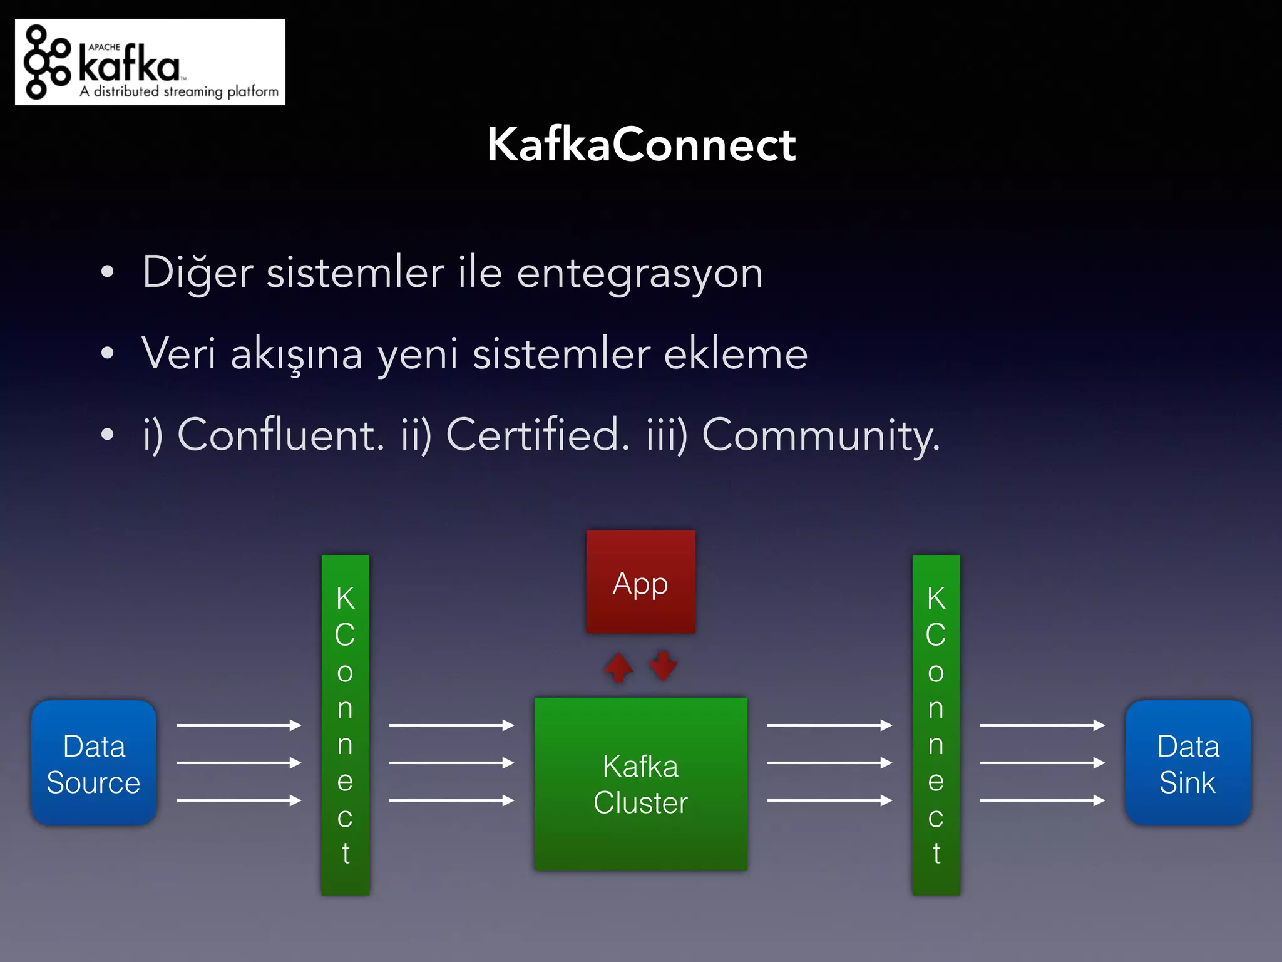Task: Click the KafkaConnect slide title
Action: (x=641, y=145)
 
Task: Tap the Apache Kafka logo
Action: (x=150, y=62)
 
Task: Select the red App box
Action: (x=640, y=582)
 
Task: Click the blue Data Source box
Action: (x=94, y=763)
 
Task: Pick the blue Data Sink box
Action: (x=1187, y=763)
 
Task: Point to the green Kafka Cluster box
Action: (x=640, y=784)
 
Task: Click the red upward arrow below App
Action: (x=619, y=667)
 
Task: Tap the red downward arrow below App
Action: (x=663, y=666)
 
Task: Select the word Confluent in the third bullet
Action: (x=280, y=434)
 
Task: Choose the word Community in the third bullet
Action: (x=820, y=435)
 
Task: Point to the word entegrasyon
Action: (x=639, y=274)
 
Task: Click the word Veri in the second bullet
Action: (x=178, y=353)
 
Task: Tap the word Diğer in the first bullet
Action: (x=198, y=273)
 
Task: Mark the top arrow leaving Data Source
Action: (x=238, y=725)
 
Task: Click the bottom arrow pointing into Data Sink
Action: (x=1042, y=800)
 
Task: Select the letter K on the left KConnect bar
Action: (x=346, y=598)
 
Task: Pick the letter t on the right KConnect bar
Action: (x=936, y=853)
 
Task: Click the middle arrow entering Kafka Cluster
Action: (x=451, y=763)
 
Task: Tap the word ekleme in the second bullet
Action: (x=736, y=354)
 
